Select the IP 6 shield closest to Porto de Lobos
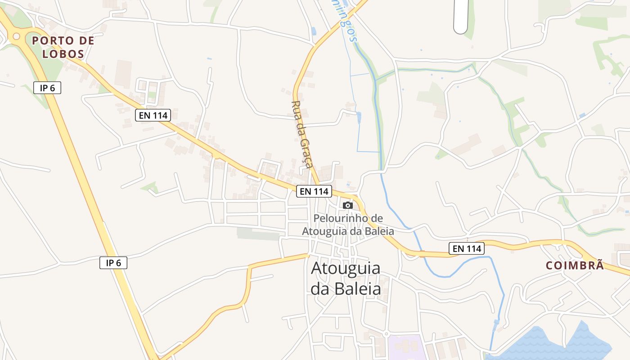47,88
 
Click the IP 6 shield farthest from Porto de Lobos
113,263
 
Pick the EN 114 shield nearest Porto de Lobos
153,115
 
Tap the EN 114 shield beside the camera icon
314,191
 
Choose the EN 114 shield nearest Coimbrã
467,248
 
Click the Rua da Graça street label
302,134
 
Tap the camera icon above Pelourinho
348,205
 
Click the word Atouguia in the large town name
346,268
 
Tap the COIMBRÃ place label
575,265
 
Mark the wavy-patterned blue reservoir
553,344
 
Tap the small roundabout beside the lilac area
386,334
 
